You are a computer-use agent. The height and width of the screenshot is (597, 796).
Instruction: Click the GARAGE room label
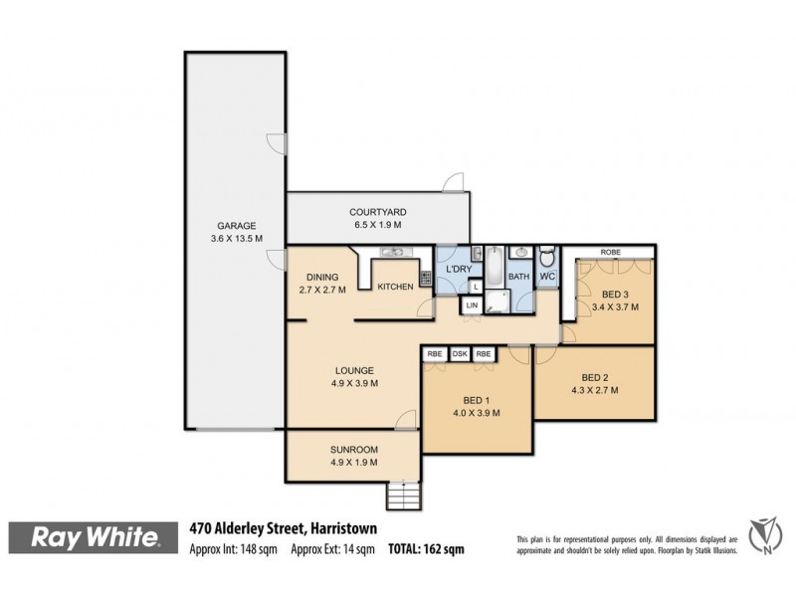click(236, 226)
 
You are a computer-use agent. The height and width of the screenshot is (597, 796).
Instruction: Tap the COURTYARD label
click(377, 212)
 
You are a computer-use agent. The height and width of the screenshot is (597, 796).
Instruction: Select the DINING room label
click(322, 278)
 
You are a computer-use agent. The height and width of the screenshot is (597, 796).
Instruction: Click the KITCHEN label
click(394, 288)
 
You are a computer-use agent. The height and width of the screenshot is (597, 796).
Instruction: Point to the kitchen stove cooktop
click(425, 280)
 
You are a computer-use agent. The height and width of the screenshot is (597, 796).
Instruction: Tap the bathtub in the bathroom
click(493, 266)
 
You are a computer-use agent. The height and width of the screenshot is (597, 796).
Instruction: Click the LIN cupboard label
click(472, 306)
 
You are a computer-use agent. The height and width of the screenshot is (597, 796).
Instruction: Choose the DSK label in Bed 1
click(460, 354)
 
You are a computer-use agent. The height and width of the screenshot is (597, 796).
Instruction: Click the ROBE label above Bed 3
click(609, 253)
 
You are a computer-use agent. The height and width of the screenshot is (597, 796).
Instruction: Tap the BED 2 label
click(594, 377)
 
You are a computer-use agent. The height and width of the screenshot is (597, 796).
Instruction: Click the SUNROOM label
click(352, 449)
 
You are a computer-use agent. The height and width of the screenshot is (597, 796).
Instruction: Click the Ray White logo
click(97, 538)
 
